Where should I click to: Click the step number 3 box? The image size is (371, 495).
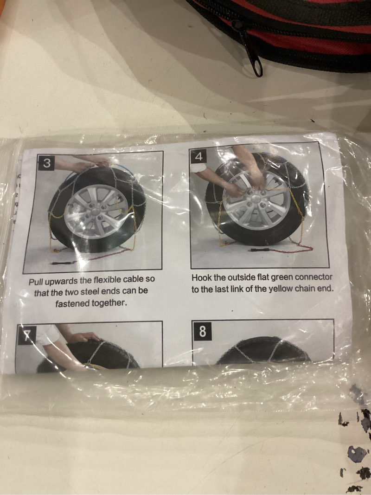coord(47,163)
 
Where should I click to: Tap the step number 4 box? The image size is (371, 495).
coord(198,155)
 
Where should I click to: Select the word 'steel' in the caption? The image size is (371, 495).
coord(91,291)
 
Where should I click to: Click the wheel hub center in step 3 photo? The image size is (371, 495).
coord(95,211)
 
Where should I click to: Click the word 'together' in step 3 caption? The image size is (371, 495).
coord(109,303)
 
